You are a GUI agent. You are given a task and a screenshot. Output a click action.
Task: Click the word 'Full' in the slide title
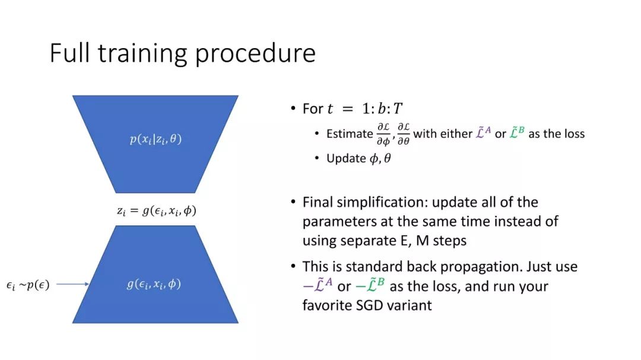(x=69, y=53)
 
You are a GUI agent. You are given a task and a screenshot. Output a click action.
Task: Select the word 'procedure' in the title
(x=255, y=55)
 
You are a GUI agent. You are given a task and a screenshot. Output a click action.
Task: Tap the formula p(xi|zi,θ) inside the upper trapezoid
(x=156, y=139)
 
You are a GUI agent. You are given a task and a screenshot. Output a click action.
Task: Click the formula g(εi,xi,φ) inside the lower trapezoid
(x=154, y=284)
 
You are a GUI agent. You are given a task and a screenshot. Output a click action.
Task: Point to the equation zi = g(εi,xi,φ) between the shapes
(x=157, y=211)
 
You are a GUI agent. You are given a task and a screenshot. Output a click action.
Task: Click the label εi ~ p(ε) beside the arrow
(x=28, y=285)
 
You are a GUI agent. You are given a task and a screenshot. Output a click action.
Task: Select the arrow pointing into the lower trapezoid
(x=73, y=284)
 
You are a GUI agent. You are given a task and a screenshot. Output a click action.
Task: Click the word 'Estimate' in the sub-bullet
(x=350, y=133)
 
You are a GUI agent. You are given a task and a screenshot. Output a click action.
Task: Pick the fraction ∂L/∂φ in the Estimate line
(x=383, y=134)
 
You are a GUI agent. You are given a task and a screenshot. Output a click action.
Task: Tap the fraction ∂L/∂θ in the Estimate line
(x=404, y=134)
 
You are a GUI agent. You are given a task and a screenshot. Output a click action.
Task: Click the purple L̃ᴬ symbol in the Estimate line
(x=483, y=133)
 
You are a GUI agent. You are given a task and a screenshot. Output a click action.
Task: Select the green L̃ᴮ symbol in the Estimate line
(x=517, y=133)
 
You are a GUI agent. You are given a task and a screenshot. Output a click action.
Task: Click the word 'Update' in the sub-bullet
(x=346, y=158)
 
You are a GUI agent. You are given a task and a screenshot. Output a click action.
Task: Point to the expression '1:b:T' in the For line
(x=382, y=109)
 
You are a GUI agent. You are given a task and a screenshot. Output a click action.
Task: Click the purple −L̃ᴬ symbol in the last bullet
(x=318, y=286)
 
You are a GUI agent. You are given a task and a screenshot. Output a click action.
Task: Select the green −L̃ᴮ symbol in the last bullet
(x=370, y=286)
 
